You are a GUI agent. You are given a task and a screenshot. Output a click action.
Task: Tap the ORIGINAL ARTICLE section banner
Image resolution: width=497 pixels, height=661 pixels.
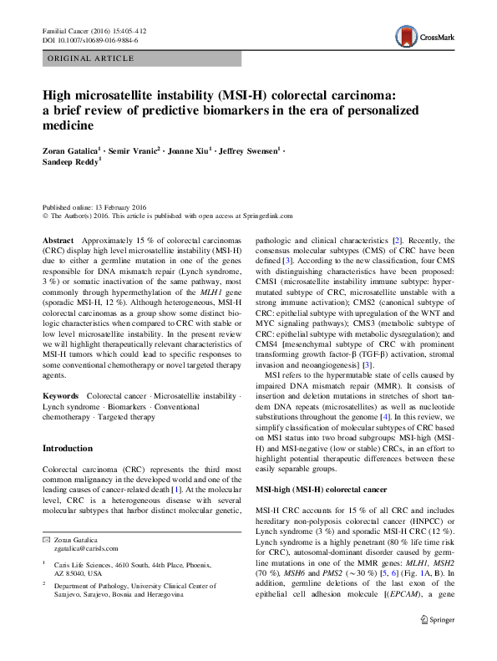pyautogui.click(x=92, y=58)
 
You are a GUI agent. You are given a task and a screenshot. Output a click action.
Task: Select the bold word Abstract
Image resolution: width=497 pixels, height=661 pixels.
pyautogui.click(x=58, y=239)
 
